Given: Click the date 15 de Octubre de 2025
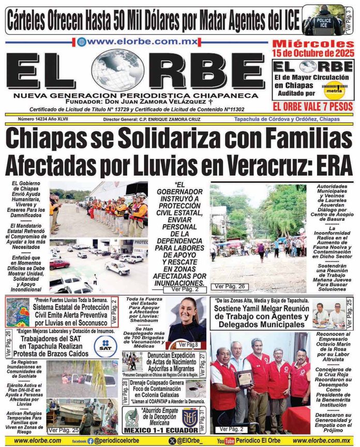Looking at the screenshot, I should pyautogui.click(x=313, y=53).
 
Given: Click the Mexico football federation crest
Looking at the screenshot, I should pyautogui.click(x=131, y=417).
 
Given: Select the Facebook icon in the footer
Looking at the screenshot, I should pyautogui.click(x=91, y=441).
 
